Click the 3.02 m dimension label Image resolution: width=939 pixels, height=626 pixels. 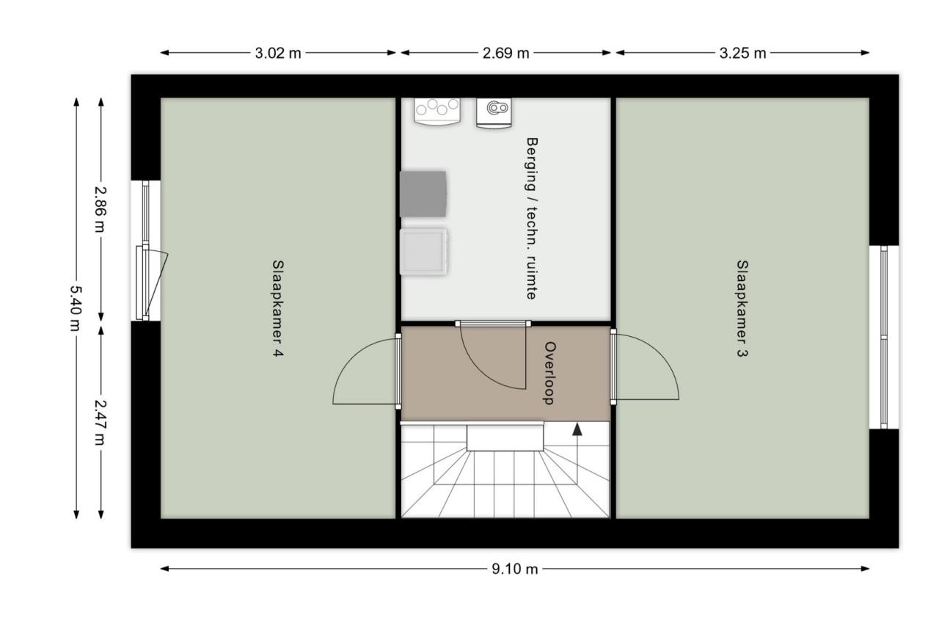(278, 53)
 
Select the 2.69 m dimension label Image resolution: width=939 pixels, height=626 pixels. (505, 53)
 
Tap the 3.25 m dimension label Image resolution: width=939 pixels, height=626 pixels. (742, 53)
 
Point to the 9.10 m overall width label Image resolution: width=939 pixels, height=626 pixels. (514, 569)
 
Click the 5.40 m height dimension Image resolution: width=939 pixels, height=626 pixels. (76, 309)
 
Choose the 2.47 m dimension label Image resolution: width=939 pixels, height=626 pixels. (101, 421)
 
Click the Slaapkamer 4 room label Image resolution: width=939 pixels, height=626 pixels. (278, 309)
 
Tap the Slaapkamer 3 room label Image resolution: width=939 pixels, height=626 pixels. (742, 309)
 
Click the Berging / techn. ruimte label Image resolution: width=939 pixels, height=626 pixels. (532, 218)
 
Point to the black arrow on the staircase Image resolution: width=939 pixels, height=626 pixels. (577, 431)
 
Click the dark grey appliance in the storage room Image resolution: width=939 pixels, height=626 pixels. (423, 194)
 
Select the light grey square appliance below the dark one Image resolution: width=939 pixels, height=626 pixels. (423, 252)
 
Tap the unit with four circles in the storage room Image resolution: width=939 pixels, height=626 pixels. (437, 110)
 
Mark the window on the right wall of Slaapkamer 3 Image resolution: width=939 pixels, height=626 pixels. (883, 337)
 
